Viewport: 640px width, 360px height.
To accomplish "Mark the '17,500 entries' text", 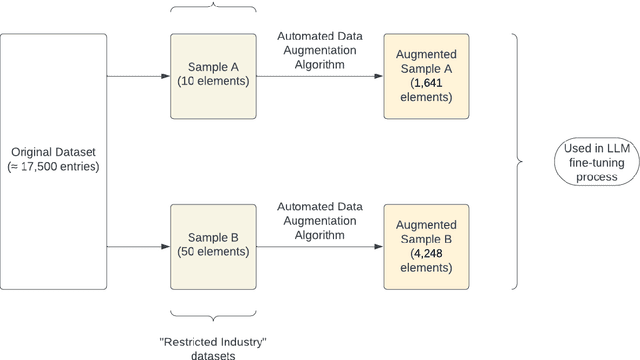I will [x=58, y=167].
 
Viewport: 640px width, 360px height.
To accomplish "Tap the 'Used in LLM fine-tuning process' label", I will [x=590, y=159].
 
